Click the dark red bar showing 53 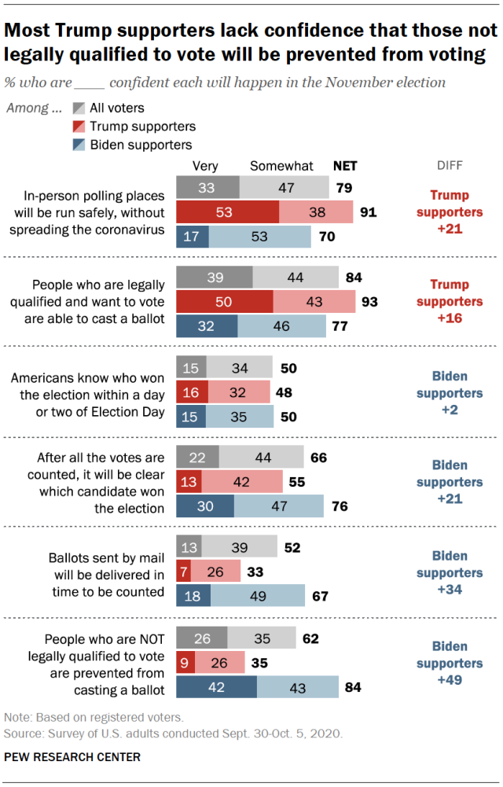pos(227,212)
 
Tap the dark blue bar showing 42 pos(216,687)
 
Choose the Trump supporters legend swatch pos(79,127)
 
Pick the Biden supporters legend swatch pos(79,145)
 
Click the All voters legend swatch pos(79,108)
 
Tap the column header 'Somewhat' pos(281,166)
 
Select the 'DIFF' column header pos(450,166)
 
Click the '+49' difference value pos(450,680)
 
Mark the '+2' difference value pos(450,410)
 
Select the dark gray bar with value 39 pos(215,278)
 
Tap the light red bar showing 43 pos(314,302)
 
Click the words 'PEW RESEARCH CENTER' pos(72,757)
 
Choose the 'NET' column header pos(344,166)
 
